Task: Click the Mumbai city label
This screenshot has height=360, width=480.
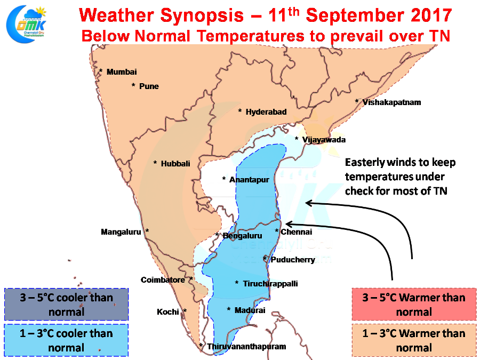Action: (x=122, y=72)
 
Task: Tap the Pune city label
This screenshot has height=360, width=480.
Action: (x=149, y=86)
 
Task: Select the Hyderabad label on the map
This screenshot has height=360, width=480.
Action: (x=266, y=112)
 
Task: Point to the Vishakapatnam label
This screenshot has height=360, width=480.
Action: (x=391, y=102)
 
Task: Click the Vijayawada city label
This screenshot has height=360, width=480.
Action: (x=324, y=140)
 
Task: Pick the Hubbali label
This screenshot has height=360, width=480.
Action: (x=175, y=164)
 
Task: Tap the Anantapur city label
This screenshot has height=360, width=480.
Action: (x=249, y=180)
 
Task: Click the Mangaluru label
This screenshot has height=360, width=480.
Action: (x=121, y=232)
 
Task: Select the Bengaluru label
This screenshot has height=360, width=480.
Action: (x=242, y=236)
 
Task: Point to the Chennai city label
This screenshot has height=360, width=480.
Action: (x=297, y=232)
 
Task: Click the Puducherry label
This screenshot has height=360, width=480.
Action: (x=293, y=260)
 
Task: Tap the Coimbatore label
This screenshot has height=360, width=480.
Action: (x=163, y=280)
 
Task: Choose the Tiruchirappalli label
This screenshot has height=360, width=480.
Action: (x=270, y=284)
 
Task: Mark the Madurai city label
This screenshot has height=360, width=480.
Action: (x=250, y=310)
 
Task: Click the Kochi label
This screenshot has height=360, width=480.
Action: (x=168, y=312)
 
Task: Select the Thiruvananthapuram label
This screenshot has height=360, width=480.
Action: (x=246, y=347)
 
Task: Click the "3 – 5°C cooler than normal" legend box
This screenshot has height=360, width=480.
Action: (x=67, y=305)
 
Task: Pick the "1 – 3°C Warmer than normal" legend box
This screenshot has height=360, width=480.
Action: (x=414, y=340)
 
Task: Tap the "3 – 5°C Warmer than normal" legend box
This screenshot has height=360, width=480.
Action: (x=414, y=305)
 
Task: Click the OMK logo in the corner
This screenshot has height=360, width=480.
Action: (x=26, y=24)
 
